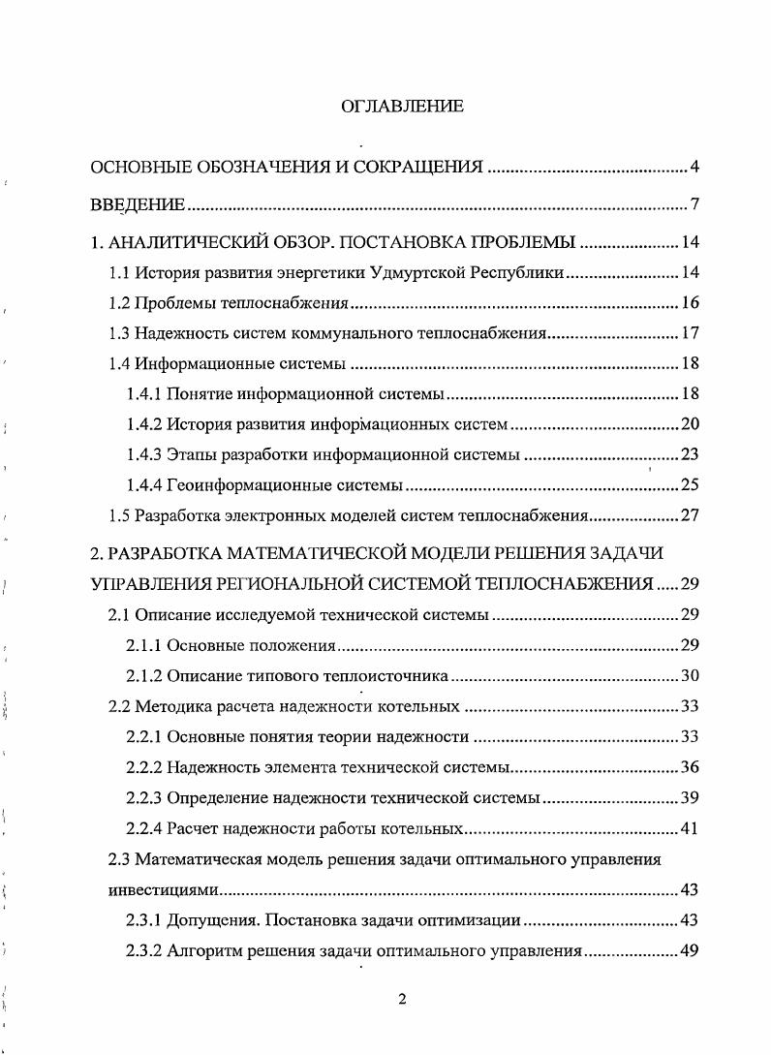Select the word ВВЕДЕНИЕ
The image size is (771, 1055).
pyautogui.click(x=137, y=204)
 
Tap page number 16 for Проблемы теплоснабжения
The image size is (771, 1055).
pyautogui.click(x=690, y=304)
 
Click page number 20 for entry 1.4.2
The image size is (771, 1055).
pyautogui.click(x=690, y=424)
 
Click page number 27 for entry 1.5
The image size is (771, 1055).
pyautogui.click(x=690, y=515)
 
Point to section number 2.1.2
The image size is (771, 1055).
pyautogui.click(x=143, y=675)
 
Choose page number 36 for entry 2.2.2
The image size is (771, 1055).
pyautogui.click(x=690, y=767)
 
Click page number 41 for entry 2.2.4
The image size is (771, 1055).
pyautogui.click(x=690, y=828)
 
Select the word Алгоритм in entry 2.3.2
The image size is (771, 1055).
pyautogui.click(x=200, y=950)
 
